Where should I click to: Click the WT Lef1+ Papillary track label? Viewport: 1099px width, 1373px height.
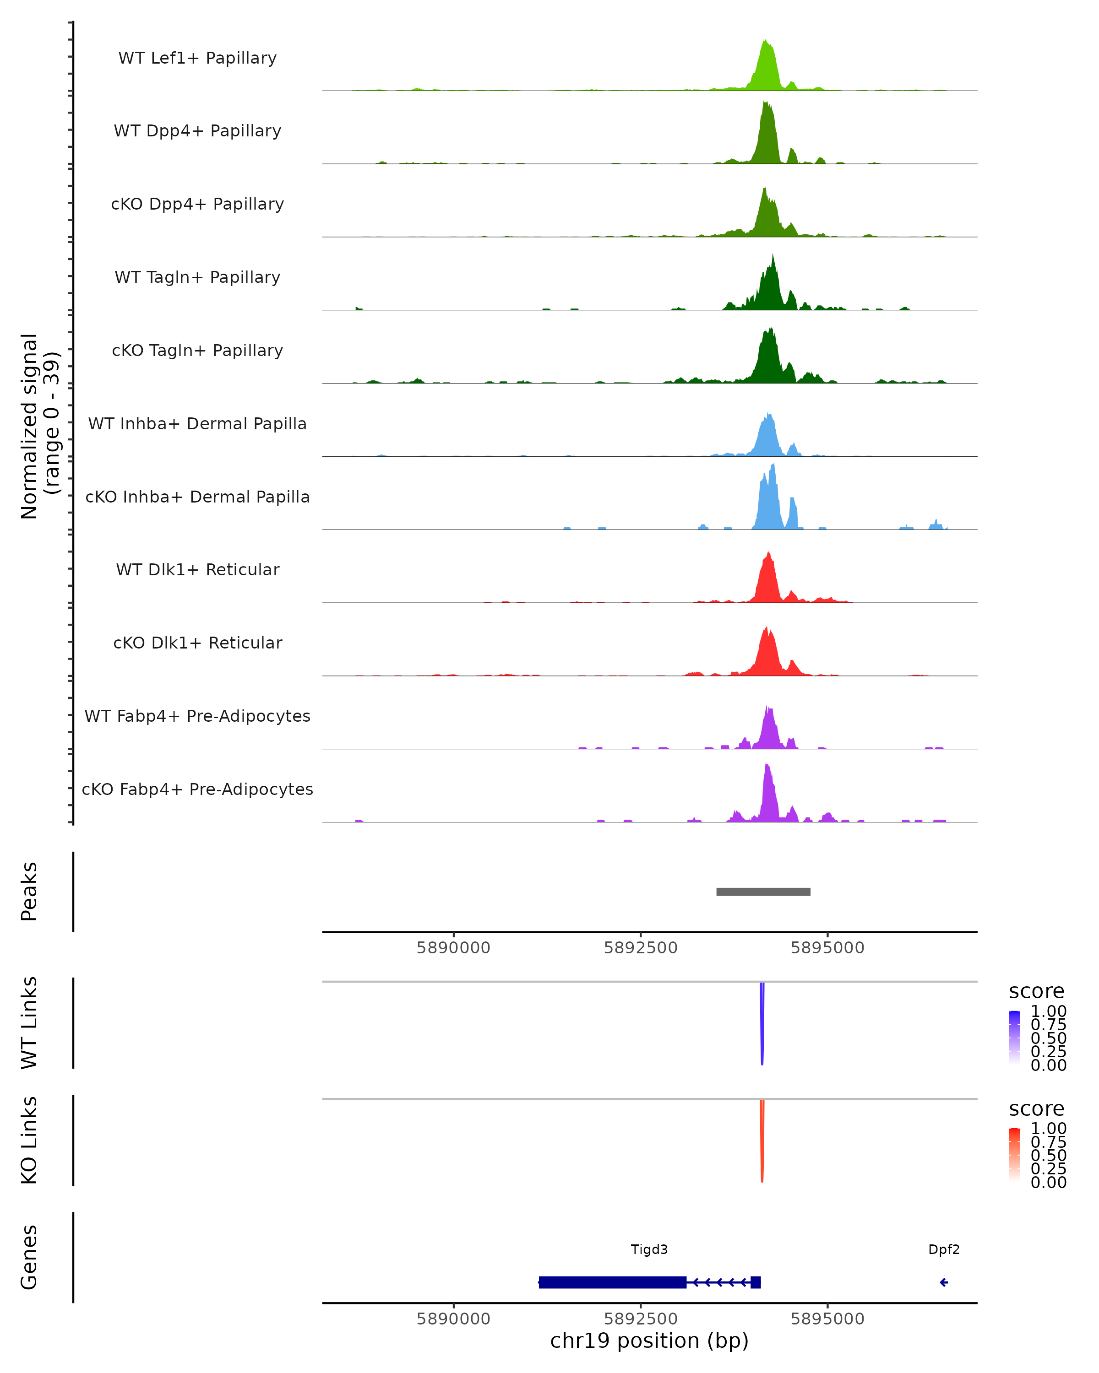tap(197, 58)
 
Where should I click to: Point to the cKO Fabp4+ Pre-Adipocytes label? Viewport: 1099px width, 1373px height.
tap(197, 789)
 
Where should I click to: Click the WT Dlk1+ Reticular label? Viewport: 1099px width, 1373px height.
tap(197, 569)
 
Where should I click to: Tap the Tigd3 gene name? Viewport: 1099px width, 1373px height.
tap(649, 1249)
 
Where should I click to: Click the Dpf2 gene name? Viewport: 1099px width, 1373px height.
tap(944, 1249)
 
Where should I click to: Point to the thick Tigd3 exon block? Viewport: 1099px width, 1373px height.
tap(612, 1282)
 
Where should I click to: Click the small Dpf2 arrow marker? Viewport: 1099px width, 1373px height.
tap(944, 1282)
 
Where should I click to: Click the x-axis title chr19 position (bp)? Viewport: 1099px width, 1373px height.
tap(649, 1341)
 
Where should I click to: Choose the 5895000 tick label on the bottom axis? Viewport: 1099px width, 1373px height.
tap(827, 1318)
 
